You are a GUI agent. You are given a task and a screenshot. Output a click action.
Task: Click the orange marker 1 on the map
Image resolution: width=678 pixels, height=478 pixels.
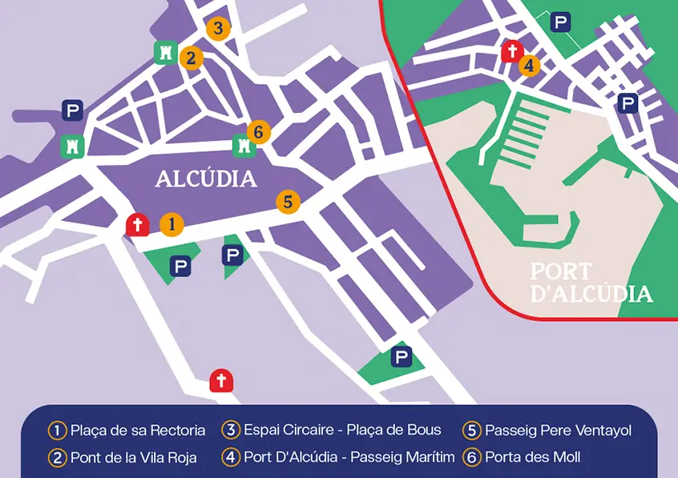171,225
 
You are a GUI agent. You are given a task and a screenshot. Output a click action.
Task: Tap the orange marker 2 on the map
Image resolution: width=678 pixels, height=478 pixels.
190,58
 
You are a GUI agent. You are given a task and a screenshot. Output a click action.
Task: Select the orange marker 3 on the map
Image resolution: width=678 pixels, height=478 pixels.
217,29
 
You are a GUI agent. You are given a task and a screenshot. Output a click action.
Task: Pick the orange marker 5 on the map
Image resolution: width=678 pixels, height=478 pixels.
289,202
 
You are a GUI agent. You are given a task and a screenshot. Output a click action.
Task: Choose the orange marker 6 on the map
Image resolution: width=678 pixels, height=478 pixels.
257,131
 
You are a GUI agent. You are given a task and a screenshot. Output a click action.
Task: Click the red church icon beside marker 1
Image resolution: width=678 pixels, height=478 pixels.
137,225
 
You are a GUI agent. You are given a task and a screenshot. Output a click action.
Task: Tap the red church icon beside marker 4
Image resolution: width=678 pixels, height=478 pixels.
511,52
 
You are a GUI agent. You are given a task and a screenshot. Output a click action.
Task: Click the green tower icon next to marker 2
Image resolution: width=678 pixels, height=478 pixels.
164,53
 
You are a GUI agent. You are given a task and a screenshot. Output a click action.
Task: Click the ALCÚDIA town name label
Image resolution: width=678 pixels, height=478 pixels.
206,179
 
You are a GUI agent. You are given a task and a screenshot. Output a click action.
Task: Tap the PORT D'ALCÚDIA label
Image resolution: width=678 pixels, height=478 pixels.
591,283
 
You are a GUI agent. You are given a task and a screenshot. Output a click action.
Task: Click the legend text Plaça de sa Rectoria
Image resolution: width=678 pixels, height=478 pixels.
137,430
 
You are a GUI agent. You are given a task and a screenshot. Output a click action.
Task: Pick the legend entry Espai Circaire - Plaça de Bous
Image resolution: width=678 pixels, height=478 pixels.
342,430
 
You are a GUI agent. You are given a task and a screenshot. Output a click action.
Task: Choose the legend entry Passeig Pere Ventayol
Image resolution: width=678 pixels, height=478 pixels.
558,430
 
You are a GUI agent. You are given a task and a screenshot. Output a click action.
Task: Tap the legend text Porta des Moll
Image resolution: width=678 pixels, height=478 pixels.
532,457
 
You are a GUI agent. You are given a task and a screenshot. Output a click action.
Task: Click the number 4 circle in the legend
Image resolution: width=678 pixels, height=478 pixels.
232,457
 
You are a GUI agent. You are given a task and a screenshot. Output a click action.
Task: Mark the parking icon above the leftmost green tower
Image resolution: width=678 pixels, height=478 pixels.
73,110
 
